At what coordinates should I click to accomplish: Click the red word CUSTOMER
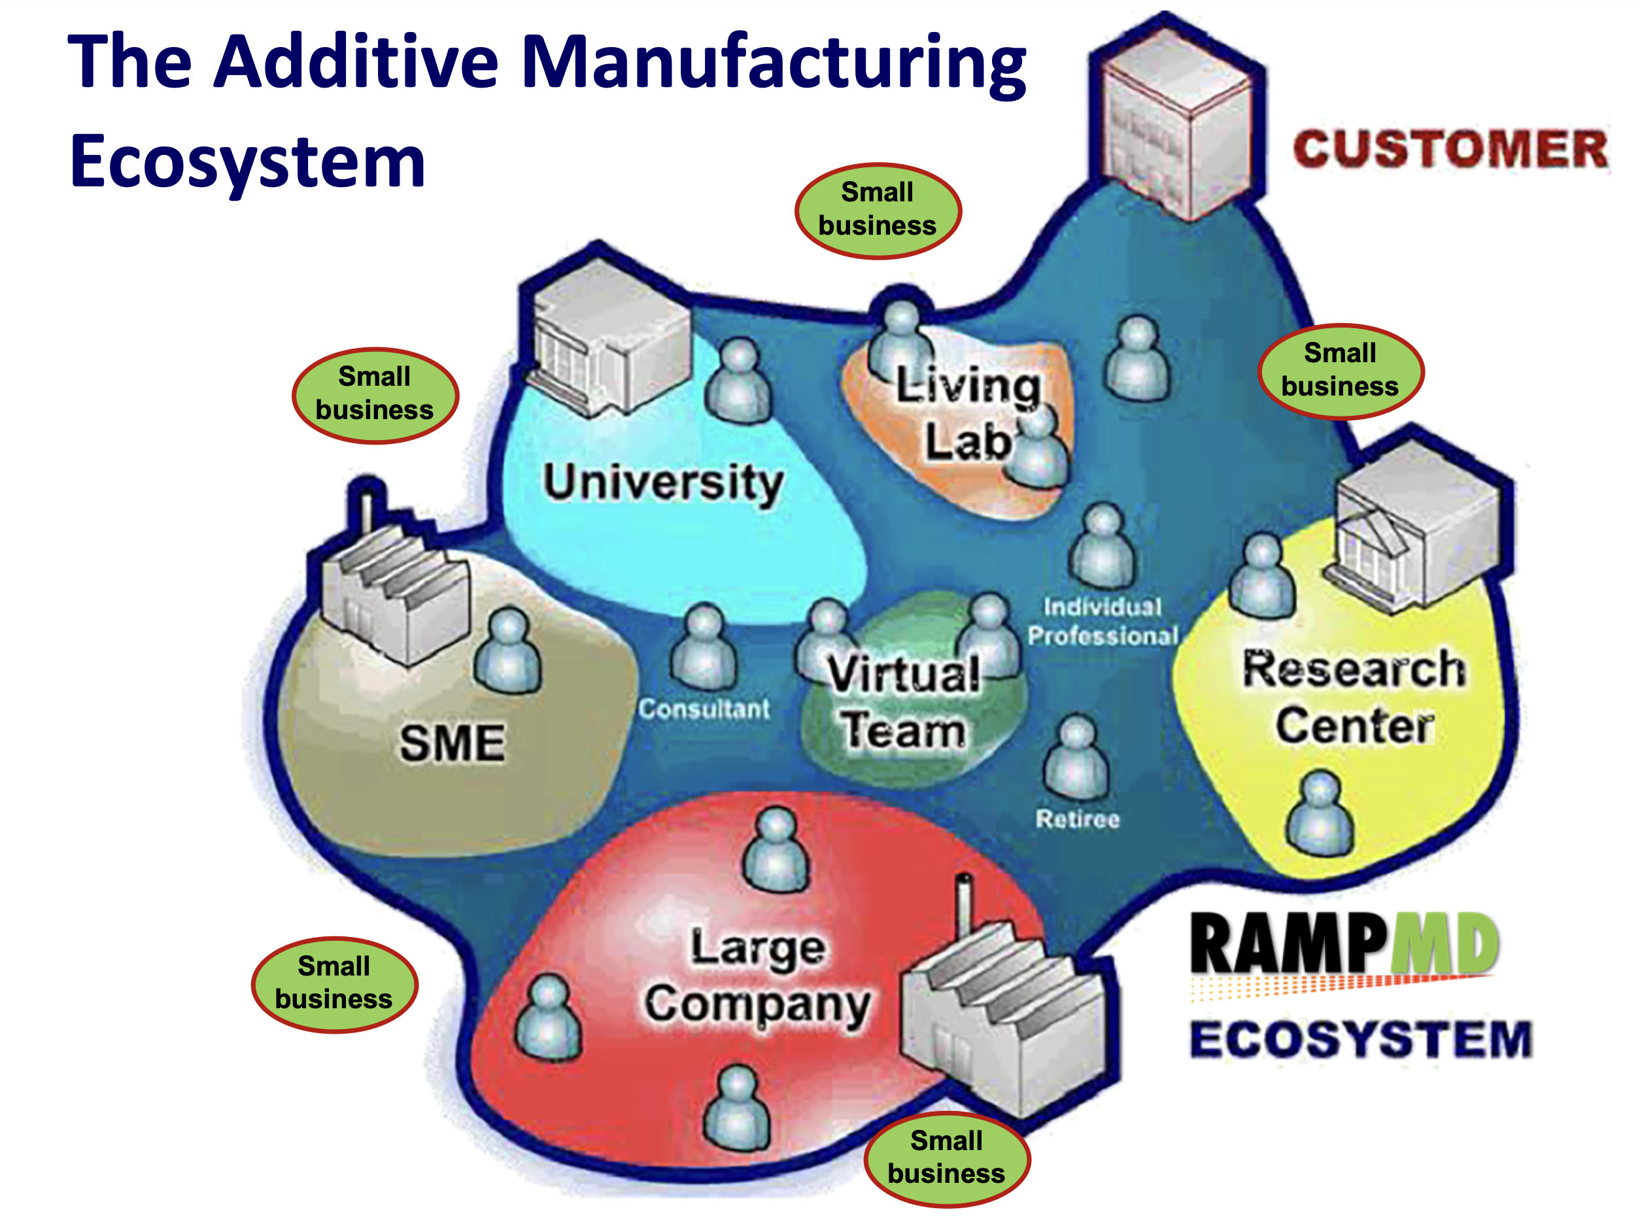1450,149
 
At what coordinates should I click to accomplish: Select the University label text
662,483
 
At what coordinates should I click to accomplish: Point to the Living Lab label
967,413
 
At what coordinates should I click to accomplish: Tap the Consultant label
704,709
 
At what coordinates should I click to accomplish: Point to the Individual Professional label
1102,621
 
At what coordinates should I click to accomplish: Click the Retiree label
1077,819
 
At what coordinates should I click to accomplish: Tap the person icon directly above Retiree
1076,757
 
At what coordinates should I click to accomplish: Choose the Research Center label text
1354,696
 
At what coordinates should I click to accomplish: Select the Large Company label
757,976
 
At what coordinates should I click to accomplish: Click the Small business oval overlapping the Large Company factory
946,1158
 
